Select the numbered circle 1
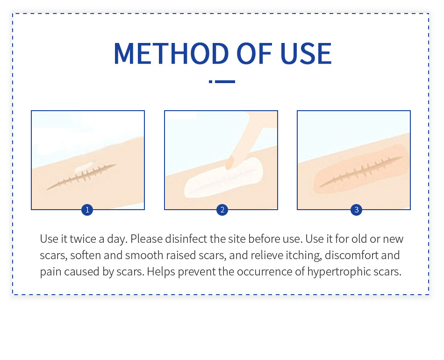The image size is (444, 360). pyautogui.click(x=87, y=210)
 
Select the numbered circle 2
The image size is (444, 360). pyautogui.click(x=222, y=210)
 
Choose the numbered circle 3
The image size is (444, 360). pyautogui.click(x=357, y=210)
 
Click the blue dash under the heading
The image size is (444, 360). pyautogui.click(x=222, y=82)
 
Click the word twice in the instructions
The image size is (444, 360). pyautogui.click(x=82, y=239)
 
